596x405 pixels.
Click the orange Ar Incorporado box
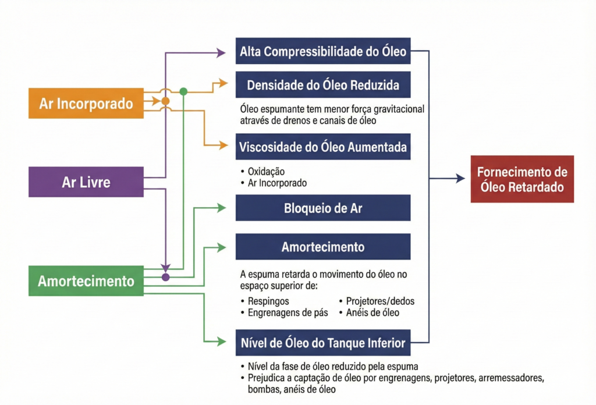pos(86,103)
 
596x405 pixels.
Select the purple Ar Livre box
pos(86,182)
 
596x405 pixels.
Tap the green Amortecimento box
pos(86,281)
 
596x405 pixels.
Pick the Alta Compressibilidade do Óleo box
pos(323,52)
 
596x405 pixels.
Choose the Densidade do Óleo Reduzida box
pos(323,85)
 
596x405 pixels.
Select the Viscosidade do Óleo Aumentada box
pos(323,147)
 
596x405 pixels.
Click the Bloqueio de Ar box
pos(323,208)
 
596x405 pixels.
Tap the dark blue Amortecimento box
pos(323,247)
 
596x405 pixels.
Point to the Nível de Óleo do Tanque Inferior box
pos(323,342)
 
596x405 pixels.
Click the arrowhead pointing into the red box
pos(460,179)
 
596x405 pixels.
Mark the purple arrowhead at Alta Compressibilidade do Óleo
pos(221,53)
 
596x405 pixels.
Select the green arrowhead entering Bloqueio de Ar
pos(221,207)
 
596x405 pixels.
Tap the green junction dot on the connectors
pos(183,91)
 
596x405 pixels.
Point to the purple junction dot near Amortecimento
pos(165,277)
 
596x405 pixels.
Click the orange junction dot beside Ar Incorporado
pos(165,101)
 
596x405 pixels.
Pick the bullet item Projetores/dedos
pos(380,301)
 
